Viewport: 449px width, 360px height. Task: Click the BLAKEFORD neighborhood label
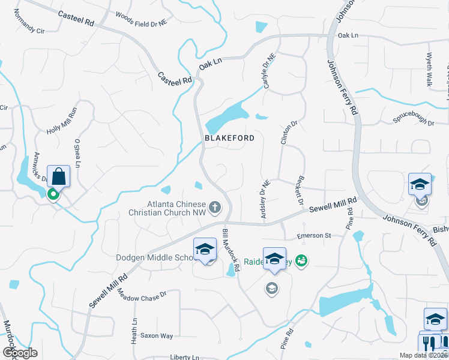[229, 138]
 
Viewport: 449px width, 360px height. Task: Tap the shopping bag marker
[58, 177]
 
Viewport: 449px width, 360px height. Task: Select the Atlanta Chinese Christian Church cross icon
[215, 208]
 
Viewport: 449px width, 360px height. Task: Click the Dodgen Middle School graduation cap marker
[205, 249]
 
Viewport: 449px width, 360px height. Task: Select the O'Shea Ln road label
[77, 154]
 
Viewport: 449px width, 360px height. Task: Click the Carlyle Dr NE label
[269, 71]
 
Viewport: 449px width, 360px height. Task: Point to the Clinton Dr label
[289, 132]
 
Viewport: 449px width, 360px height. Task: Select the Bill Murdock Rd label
[231, 247]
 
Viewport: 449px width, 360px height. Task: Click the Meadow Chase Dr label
[141, 295]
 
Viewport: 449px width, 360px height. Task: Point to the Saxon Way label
[156, 335]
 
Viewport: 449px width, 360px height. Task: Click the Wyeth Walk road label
[430, 69]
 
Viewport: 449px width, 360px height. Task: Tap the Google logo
[20, 353]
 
